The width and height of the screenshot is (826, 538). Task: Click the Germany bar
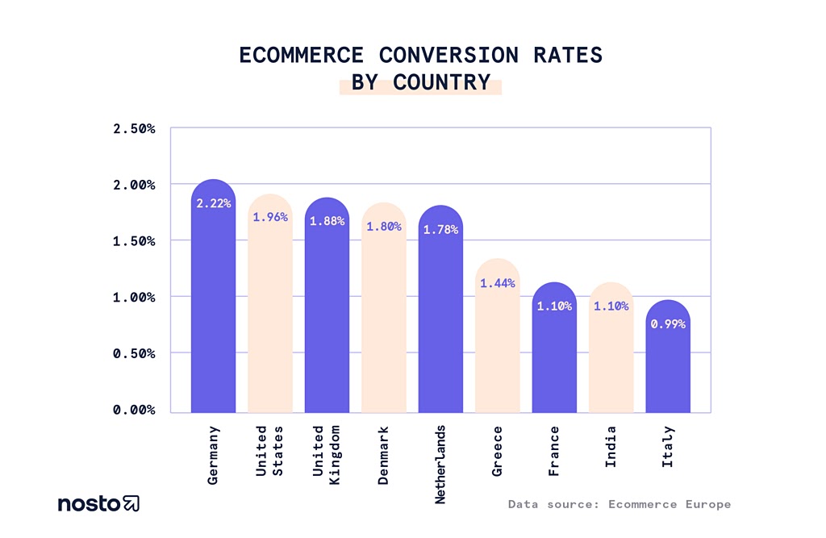[213, 307]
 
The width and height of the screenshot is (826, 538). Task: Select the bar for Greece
[497, 347]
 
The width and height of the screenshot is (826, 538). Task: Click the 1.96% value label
[269, 217]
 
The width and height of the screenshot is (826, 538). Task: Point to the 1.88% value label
[327, 221]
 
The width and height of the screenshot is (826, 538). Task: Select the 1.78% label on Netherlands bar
[440, 230]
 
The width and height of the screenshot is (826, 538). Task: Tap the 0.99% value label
[667, 324]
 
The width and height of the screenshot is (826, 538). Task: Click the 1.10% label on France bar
[554, 307]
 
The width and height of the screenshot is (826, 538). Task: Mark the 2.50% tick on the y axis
[133, 129]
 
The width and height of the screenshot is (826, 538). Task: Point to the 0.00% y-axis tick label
[133, 410]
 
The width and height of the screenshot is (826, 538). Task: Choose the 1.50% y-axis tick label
[133, 241]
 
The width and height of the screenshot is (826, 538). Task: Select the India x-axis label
[611, 445]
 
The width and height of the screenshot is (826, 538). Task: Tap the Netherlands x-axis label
[440, 464]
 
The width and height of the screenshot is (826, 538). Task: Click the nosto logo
[98, 504]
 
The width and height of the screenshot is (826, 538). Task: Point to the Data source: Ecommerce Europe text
[619, 504]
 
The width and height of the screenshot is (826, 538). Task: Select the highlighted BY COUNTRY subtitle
[420, 82]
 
